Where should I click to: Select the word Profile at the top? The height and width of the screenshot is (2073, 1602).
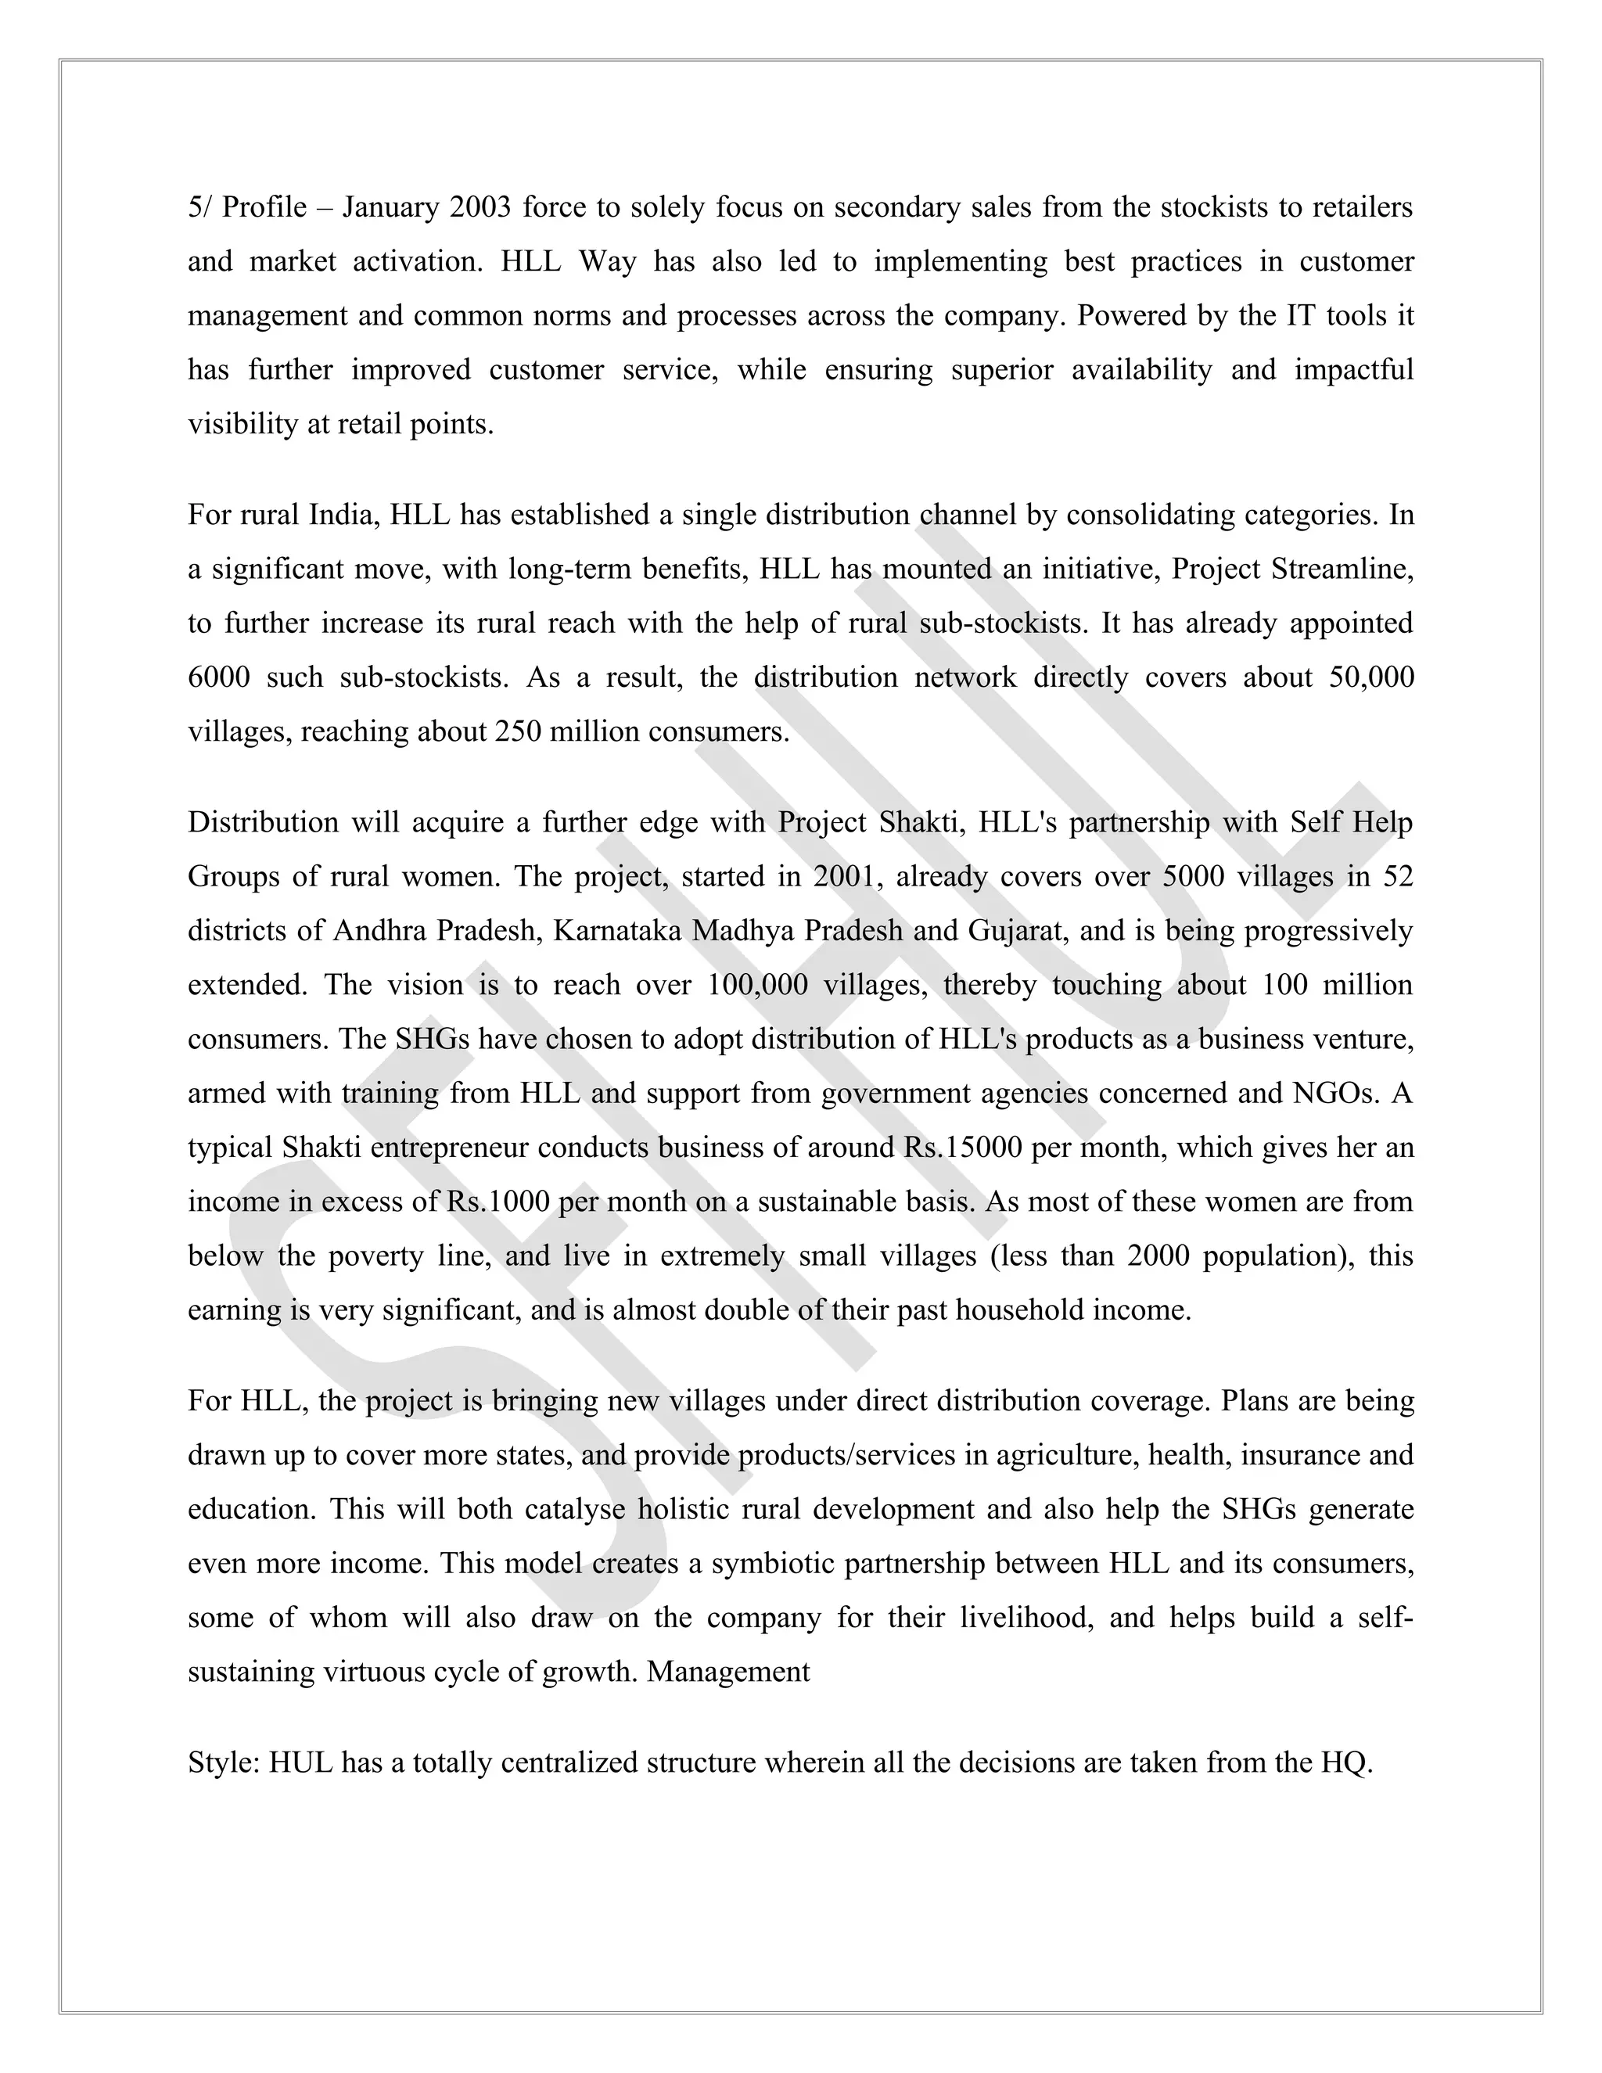coord(265,207)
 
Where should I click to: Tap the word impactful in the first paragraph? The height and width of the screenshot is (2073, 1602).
coord(1353,369)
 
